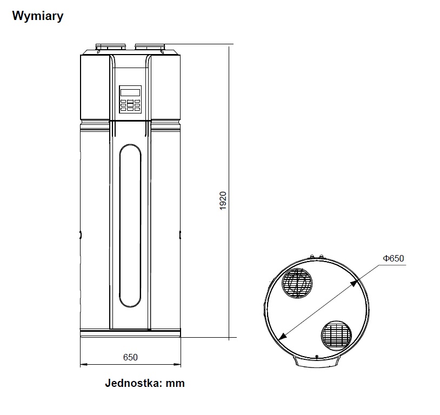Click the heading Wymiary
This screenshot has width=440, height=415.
(x=38, y=16)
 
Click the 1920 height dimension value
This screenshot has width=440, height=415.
(x=223, y=200)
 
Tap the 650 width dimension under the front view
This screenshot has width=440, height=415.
(x=130, y=357)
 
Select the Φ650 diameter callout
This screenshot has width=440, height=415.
(x=394, y=258)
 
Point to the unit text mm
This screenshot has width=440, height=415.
(x=175, y=384)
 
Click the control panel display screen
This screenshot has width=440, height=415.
(x=130, y=92)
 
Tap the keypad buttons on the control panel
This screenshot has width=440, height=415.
(x=130, y=105)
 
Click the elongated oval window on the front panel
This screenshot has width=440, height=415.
(x=130, y=225)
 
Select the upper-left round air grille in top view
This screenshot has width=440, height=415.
(x=297, y=283)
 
